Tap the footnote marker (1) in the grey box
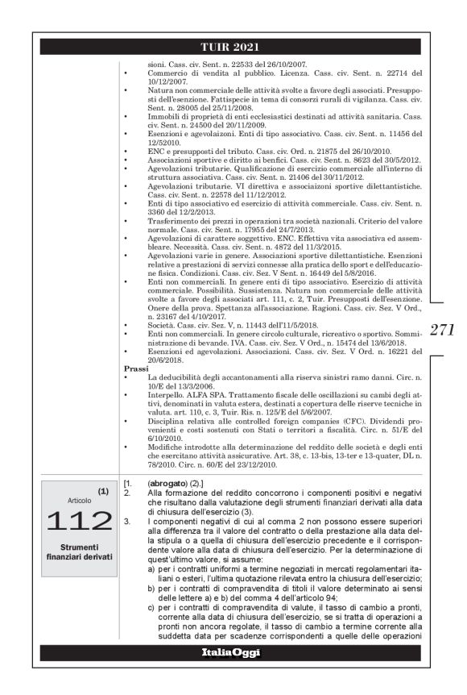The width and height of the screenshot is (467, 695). pyautogui.click(x=103, y=489)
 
